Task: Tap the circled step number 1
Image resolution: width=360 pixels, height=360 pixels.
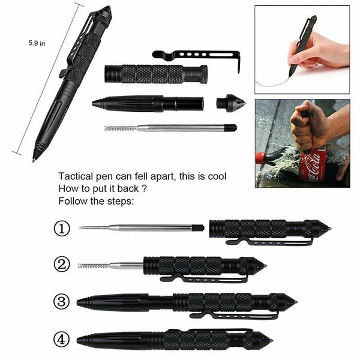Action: pos(62,229)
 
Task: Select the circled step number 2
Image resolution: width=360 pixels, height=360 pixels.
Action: pos(62,265)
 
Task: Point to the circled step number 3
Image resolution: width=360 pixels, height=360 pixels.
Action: pos(62,302)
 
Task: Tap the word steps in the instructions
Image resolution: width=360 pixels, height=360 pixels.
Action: pos(120,201)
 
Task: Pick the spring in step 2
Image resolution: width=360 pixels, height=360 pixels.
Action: pos(92,265)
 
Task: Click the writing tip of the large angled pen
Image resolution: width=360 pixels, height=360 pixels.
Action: pos(35,159)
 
